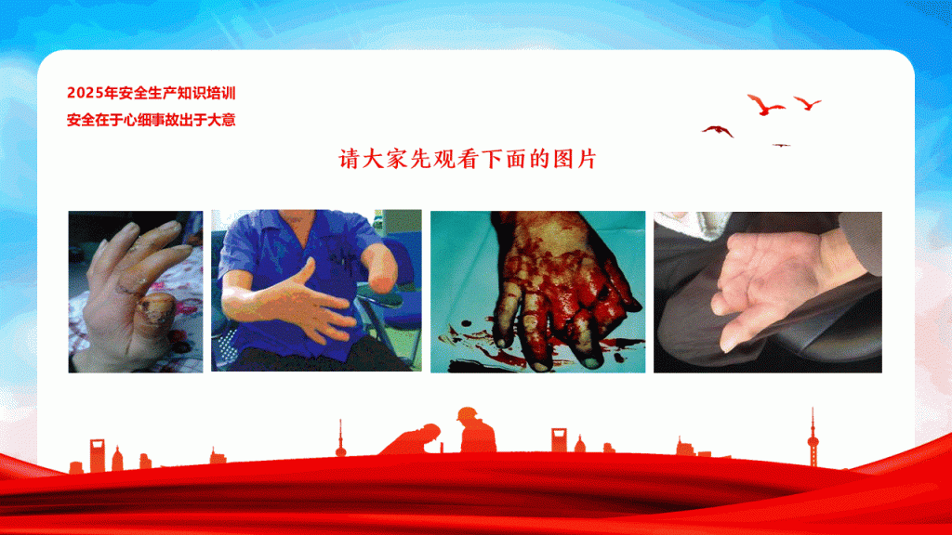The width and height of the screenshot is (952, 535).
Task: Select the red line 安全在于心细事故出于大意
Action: click(152, 120)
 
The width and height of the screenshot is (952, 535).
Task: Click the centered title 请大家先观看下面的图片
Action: click(468, 159)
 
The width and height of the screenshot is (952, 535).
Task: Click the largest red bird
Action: click(765, 104)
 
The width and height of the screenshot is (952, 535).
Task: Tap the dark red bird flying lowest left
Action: click(718, 130)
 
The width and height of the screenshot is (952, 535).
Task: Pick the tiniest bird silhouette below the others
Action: click(781, 146)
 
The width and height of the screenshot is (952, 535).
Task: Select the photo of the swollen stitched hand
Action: click(136, 292)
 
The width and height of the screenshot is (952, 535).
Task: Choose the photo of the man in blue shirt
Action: click(316, 291)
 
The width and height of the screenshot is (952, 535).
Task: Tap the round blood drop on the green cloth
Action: click(466, 323)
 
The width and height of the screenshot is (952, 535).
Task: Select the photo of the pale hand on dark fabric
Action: click(767, 293)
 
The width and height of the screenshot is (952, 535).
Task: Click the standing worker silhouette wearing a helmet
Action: click(477, 431)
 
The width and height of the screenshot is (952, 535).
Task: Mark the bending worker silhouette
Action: click(411, 439)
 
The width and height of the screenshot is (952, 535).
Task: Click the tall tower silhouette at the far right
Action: click(813, 438)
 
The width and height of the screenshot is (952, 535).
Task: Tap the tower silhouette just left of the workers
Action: click(340, 438)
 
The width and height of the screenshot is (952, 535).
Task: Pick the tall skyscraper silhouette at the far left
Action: click(97, 455)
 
